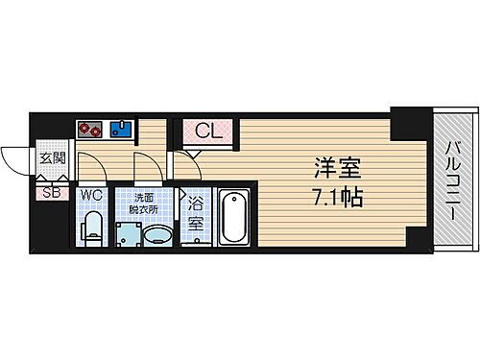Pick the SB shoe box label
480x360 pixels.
[x=51, y=193]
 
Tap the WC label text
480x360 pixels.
[x=92, y=196]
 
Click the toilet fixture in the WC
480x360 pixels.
[x=92, y=227]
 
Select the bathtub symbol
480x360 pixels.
[x=234, y=218]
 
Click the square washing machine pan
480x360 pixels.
[x=125, y=233]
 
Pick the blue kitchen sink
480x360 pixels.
[x=121, y=130]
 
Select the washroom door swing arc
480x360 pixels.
[x=145, y=167]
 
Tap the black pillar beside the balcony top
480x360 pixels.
[x=412, y=119]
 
